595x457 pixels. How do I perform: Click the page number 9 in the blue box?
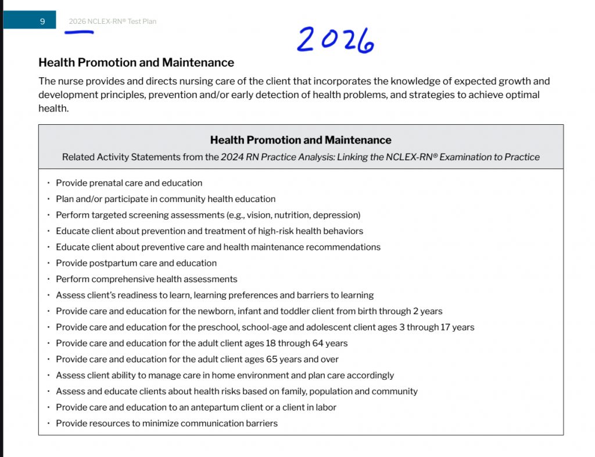(42, 21)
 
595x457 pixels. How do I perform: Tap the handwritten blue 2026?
(335, 40)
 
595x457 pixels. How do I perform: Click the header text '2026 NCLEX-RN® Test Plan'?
(112, 21)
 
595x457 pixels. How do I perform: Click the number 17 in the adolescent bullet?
(445, 328)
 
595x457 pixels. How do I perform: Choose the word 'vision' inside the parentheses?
(259, 215)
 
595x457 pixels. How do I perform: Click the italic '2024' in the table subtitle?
(231, 157)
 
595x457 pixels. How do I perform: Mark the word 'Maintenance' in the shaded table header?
(360, 140)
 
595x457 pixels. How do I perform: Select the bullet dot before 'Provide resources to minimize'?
(49, 423)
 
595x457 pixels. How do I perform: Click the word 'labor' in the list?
(325, 408)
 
